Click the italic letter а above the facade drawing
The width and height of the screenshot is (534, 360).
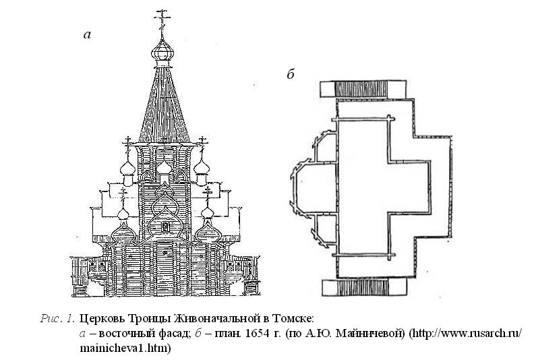(86, 34)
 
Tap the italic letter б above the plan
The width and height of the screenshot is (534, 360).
(291, 75)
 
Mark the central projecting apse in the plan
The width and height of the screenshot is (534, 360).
(305, 188)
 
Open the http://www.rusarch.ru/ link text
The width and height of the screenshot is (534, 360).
(465, 334)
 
